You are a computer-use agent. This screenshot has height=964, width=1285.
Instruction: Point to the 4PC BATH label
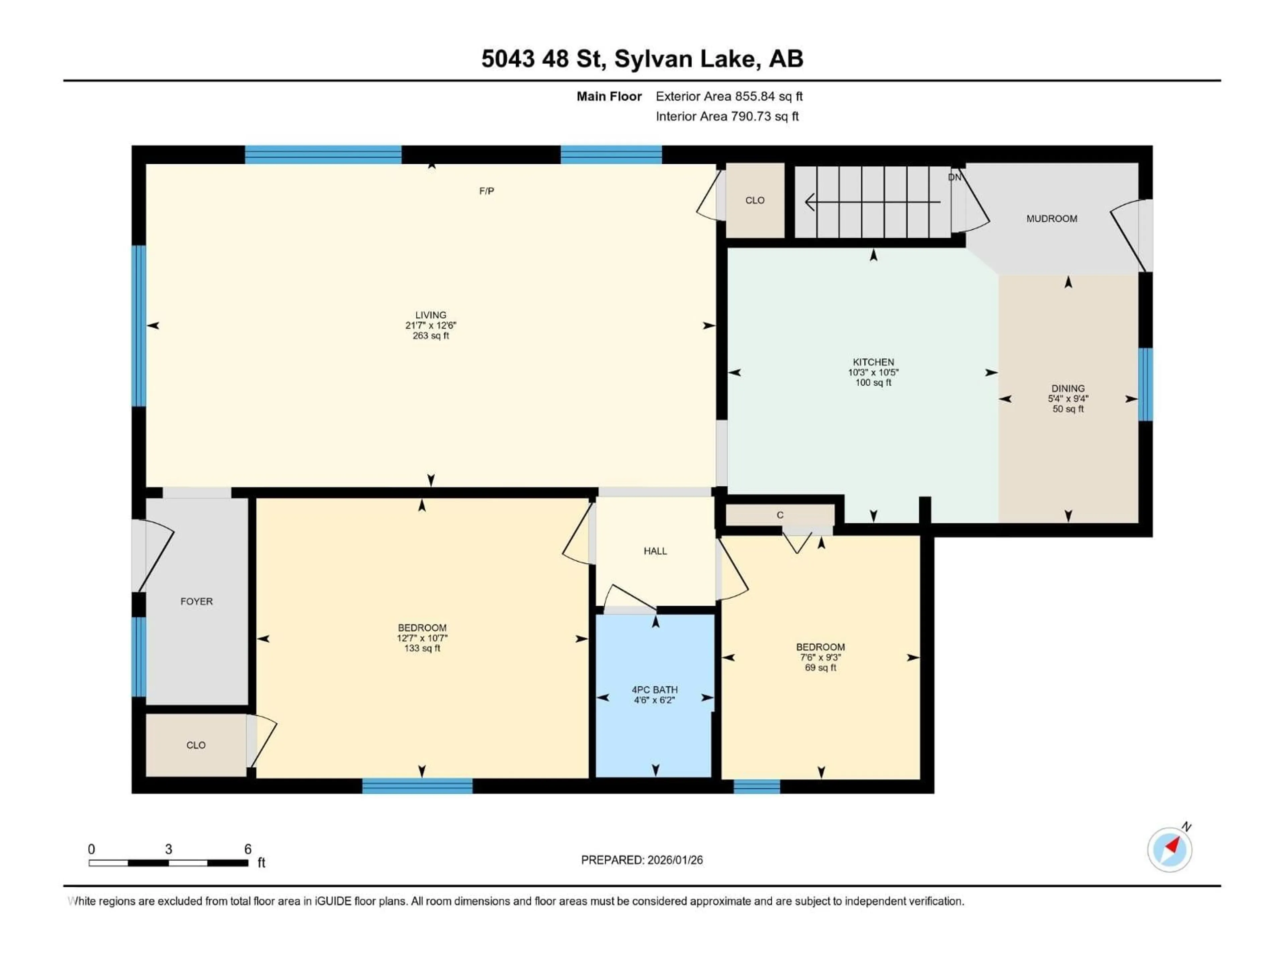click(655, 695)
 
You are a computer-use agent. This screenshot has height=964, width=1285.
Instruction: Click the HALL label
click(655, 551)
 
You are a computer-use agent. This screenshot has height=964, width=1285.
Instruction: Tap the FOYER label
click(196, 601)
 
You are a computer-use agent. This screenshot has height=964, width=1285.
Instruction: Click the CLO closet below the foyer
click(196, 745)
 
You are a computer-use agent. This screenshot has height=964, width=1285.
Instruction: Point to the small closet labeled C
click(780, 515)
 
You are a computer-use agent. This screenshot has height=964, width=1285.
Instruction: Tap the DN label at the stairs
click(954, 177)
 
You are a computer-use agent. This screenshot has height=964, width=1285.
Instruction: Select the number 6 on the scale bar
click(248, 849)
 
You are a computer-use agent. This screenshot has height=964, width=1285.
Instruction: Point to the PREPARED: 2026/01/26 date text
click(641, 860)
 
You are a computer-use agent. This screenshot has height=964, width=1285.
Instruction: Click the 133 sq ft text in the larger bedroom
click(422, 648)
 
